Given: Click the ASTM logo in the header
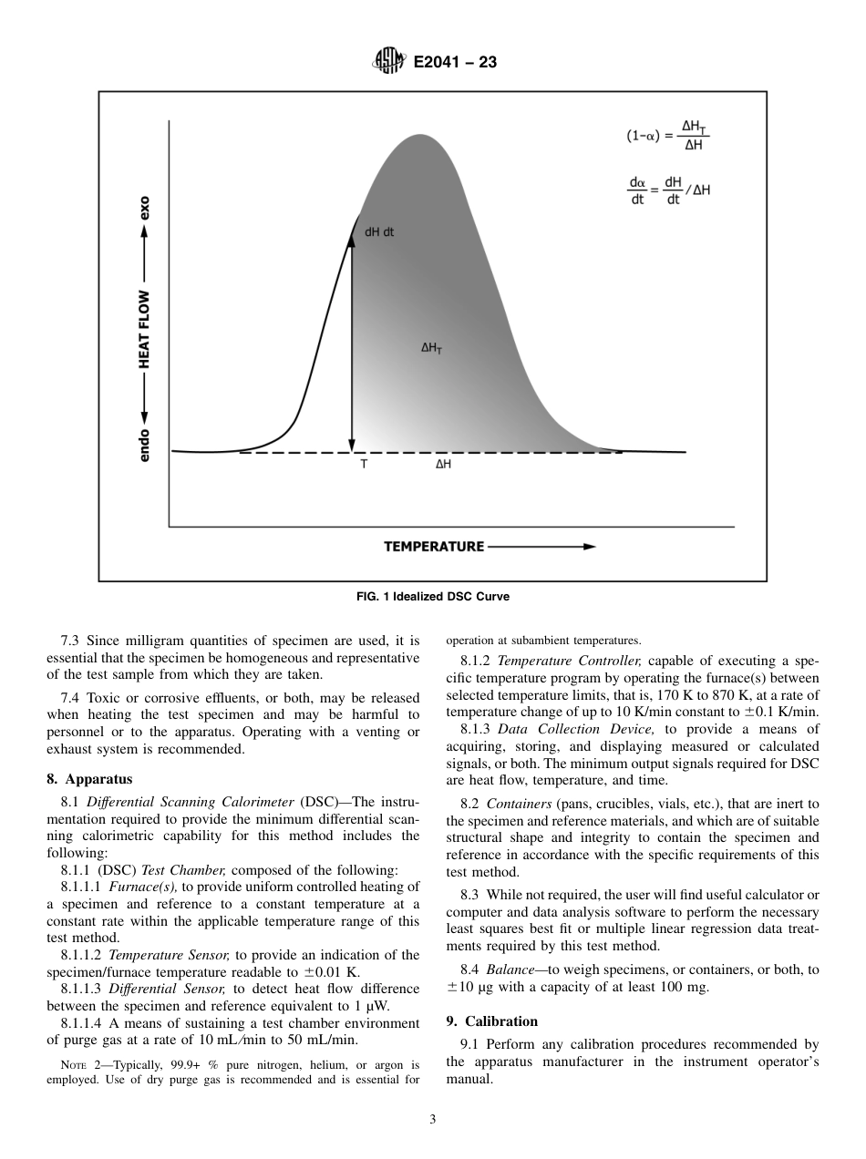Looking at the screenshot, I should point(388,63).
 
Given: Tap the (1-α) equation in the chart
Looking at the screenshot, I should point(667,136).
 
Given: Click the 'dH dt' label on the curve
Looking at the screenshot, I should point(379,232).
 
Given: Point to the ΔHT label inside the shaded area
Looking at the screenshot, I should point(432,348).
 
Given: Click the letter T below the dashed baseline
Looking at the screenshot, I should point(364,464).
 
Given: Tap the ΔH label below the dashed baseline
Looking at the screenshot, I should point(443,464).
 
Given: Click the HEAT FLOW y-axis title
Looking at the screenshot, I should point(144,330).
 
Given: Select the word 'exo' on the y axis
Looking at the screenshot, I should point(144,209).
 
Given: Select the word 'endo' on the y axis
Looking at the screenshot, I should point(144,445).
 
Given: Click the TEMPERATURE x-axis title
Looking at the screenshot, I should point(434,547).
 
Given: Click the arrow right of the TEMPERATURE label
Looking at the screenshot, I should point(542,547).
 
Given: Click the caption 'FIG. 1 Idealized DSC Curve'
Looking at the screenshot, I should point(432,597).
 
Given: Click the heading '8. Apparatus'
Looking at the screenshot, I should point(89,779).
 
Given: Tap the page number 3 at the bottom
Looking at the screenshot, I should point(432,1120).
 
